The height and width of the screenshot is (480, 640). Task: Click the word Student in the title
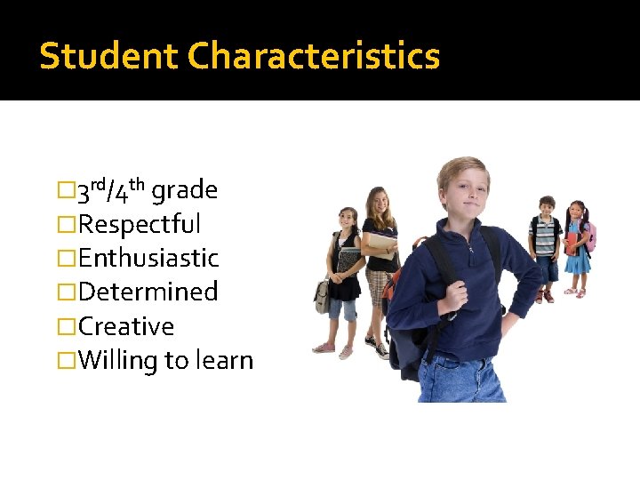pos(109,56)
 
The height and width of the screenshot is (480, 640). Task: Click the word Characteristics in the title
pos(314,56)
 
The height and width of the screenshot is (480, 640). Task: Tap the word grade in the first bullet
pos(185,189)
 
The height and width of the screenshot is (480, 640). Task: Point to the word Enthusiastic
pos(148,258)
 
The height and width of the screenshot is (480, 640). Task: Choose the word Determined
pos(148,292)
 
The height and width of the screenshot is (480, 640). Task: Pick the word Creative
pos(125,326)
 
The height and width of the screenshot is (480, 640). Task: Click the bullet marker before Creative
pos(63,326)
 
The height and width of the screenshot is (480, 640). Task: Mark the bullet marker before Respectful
pos(63,224)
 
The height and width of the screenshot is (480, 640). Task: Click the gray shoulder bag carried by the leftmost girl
pos(323,295)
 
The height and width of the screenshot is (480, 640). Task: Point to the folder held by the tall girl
pos(383,243)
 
